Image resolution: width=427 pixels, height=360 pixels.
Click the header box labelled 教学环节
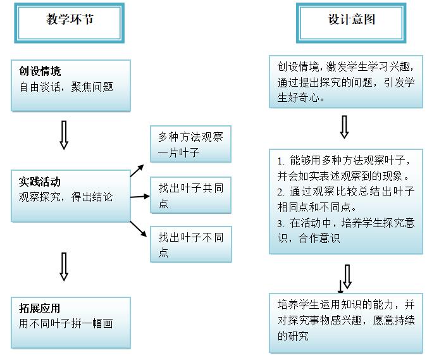(70, 23)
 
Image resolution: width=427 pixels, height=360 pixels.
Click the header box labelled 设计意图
(351, 23)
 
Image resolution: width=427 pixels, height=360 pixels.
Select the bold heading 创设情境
(40, 71)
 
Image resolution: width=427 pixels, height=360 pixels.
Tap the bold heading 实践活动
(40, 182)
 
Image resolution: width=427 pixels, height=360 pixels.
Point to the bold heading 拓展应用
(39, 308)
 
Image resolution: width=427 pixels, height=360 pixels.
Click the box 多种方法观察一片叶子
(190, 144)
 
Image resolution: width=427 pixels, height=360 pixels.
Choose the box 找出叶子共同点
(190, 196)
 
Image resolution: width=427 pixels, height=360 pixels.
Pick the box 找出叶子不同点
(191, 245)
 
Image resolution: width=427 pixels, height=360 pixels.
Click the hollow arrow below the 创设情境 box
(64, 135)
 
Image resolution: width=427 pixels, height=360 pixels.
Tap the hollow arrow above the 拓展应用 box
(64, 266)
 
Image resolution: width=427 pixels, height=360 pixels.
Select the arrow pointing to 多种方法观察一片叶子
(137, 171)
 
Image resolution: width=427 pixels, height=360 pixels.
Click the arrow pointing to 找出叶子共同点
(140, 196)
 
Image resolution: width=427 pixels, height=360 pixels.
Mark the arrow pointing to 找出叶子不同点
(139, 229)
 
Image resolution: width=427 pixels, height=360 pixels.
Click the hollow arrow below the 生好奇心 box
(344, 127)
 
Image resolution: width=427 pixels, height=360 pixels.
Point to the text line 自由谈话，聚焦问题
(66, 87)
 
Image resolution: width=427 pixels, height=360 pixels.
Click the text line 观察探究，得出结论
(66, 197)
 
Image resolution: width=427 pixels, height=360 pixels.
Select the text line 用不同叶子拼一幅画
(66, 323)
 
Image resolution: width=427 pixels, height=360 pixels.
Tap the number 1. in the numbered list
(281, 161)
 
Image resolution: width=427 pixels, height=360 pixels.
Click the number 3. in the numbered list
(281, 224)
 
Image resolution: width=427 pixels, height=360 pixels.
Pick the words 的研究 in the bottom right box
(293, 336)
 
